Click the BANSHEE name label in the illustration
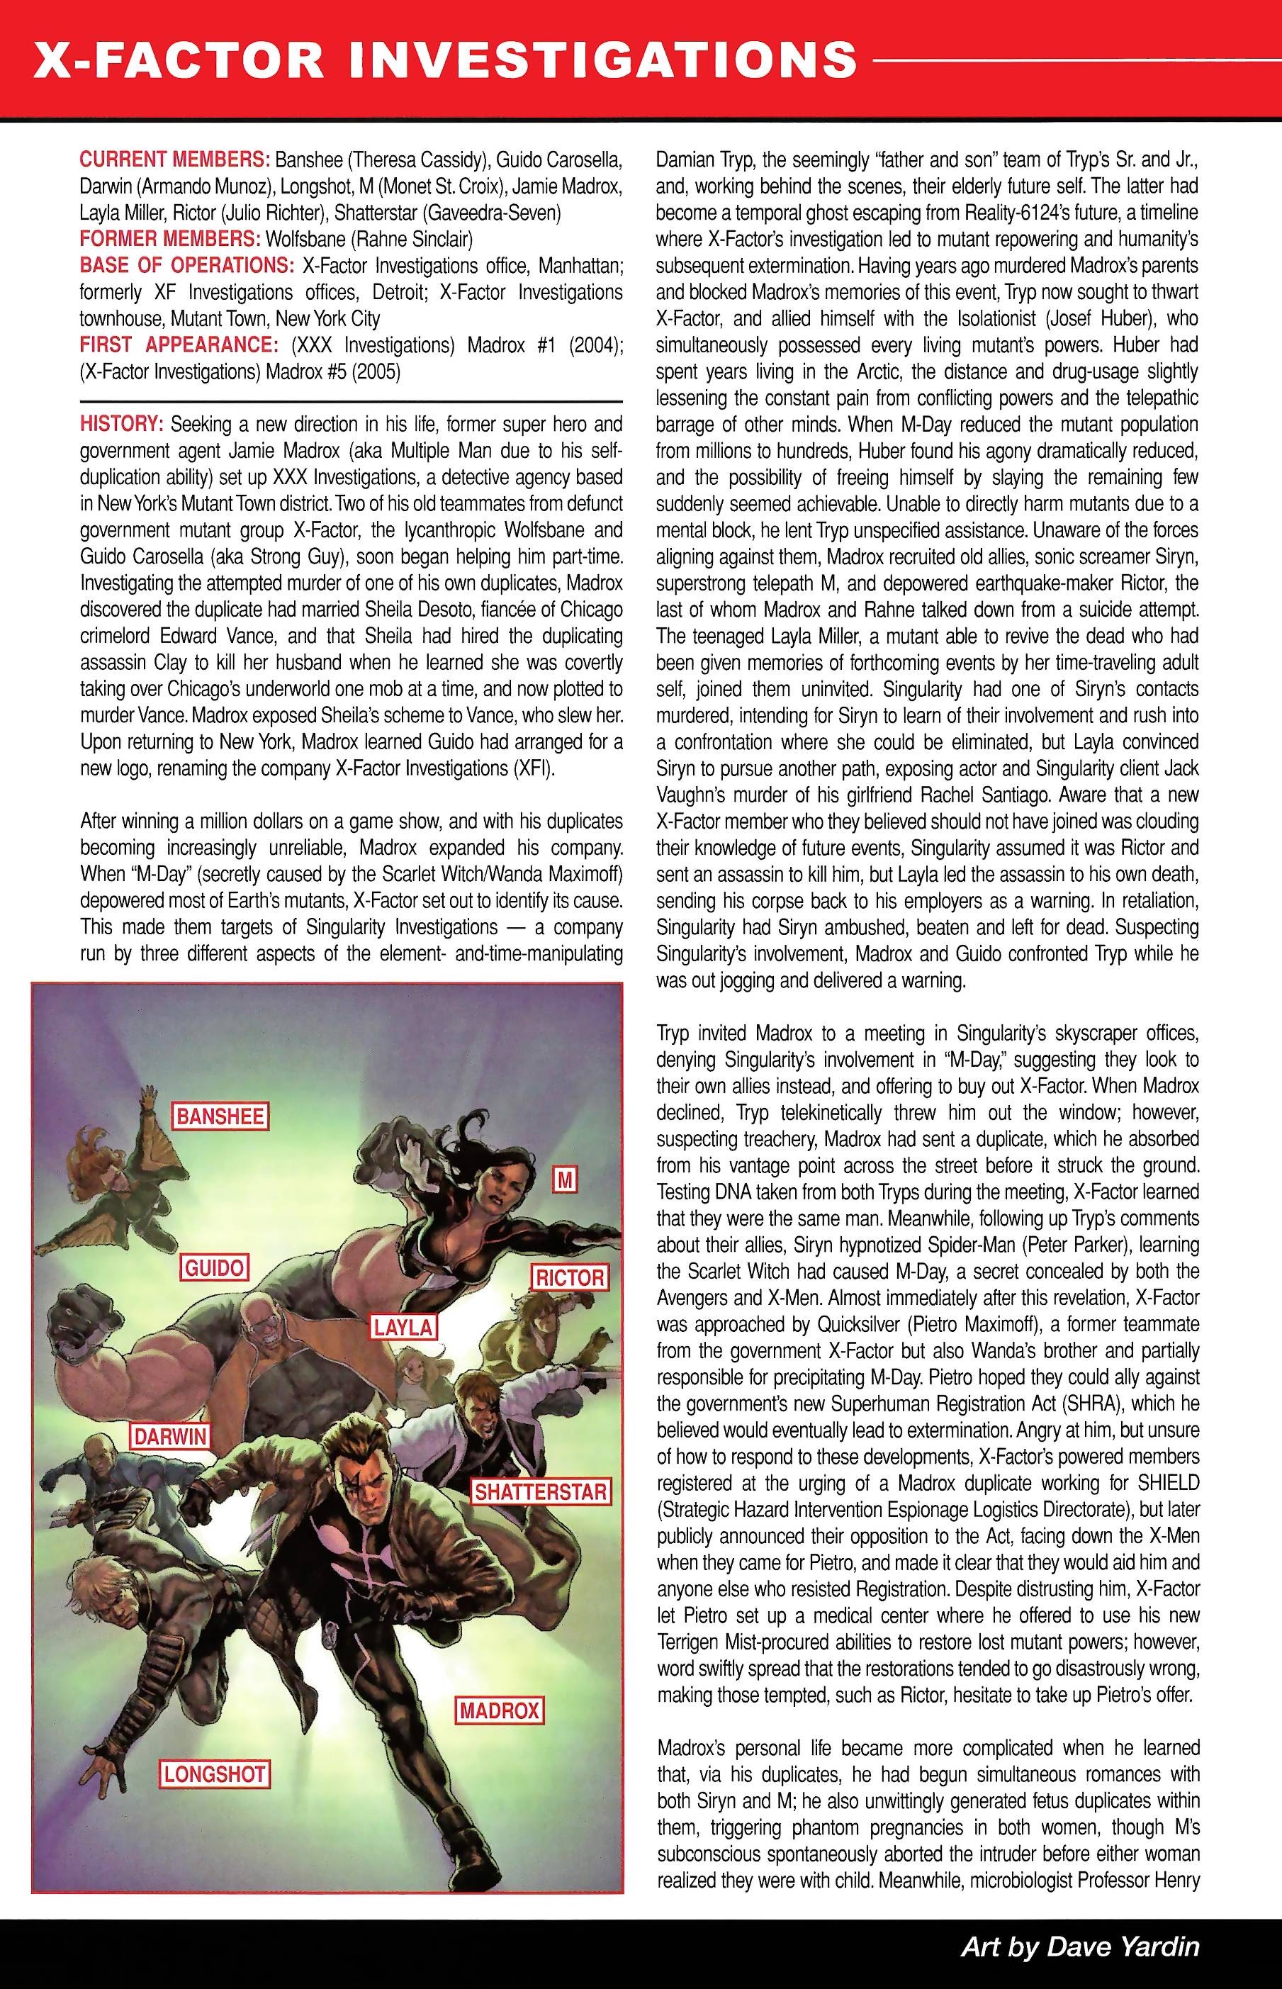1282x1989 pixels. click(x=220, y=1116)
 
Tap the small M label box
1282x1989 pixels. click(x=566, y=1179)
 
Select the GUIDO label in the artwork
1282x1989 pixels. click(x=215, y=1268)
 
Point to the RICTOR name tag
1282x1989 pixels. click(x=569, y=1277)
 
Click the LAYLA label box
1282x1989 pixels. click(x=403, y=1326)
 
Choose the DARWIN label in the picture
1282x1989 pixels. click(x=170, y=1435)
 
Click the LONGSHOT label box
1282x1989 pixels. click(x=214, y=1774)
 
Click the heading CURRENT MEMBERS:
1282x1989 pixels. click(x=174, y=160)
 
